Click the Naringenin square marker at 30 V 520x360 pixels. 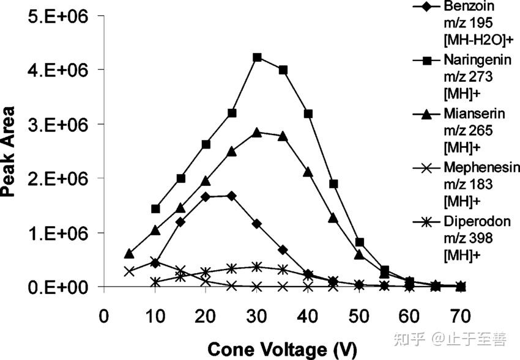[x=257, y=57]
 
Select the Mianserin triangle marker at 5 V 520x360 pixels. [x=129, y=254]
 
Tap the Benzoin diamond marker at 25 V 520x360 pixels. [x=231, y=196]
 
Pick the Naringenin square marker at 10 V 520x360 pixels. [x=155, y=209]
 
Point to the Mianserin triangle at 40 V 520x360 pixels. [x=308, y=172]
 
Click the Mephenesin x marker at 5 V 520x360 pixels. [x=129, y=271]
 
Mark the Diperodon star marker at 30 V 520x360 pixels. [x=257, y=267]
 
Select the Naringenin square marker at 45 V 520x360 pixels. [x=333, y=184]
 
